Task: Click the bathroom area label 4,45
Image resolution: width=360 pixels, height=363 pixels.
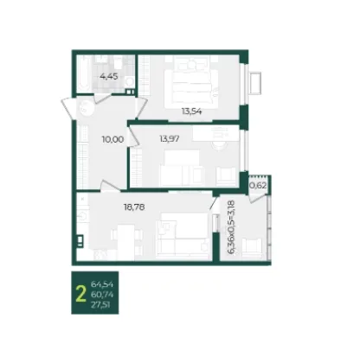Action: point(109,77)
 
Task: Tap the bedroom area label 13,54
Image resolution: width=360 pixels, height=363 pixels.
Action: point(191,111)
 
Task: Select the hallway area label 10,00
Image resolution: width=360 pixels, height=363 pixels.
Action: point(112,139)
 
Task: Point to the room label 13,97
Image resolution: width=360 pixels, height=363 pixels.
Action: point(170,139)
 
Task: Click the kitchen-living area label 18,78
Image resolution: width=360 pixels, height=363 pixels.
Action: point(134,207)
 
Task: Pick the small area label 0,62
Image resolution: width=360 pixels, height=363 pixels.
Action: point(258,186)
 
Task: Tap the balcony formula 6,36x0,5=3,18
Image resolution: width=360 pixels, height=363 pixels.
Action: point(232,227)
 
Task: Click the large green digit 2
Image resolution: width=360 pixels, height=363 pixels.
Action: point(80,294)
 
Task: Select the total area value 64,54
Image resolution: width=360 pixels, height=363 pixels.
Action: point(102,284)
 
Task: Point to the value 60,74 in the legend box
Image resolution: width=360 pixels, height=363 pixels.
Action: point(102,295)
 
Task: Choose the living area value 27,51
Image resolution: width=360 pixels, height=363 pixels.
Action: point(100,304)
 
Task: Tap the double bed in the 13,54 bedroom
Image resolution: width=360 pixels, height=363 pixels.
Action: point(191,82)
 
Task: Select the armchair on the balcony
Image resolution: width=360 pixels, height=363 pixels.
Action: point(252,248)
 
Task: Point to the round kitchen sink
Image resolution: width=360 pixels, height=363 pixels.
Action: point(82,216)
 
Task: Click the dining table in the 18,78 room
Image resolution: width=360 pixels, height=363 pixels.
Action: point(126,241)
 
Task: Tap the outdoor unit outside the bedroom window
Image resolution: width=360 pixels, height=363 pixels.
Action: point(256,83)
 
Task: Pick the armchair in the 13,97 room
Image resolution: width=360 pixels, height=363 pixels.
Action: point(226,177)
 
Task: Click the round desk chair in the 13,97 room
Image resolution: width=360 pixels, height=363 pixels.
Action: point(220,144)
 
